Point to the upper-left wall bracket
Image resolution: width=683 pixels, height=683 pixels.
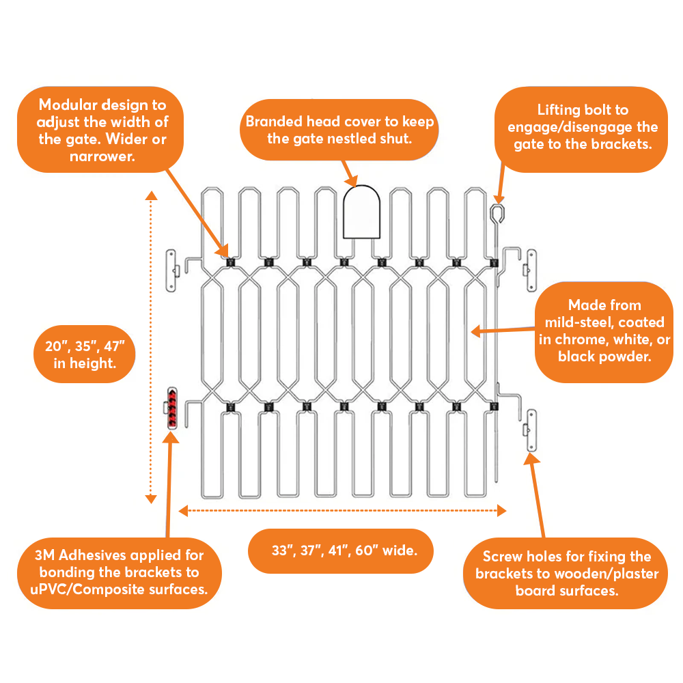point(171,269)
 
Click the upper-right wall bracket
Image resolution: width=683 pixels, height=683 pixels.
point(530,269)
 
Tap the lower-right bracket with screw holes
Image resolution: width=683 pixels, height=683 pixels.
point(531,430)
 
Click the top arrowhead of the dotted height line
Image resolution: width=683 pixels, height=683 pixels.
point(152,197)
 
